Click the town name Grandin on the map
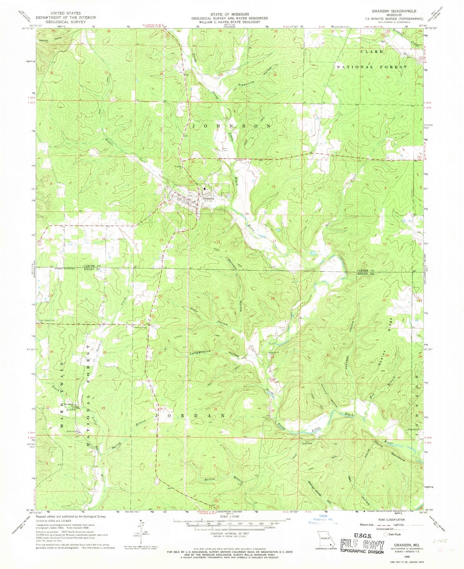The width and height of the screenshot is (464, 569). click(x=208, y=199)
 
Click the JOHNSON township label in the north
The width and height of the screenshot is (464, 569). click(x=231, y=126)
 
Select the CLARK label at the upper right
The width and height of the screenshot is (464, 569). click(x=372, y=51)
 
